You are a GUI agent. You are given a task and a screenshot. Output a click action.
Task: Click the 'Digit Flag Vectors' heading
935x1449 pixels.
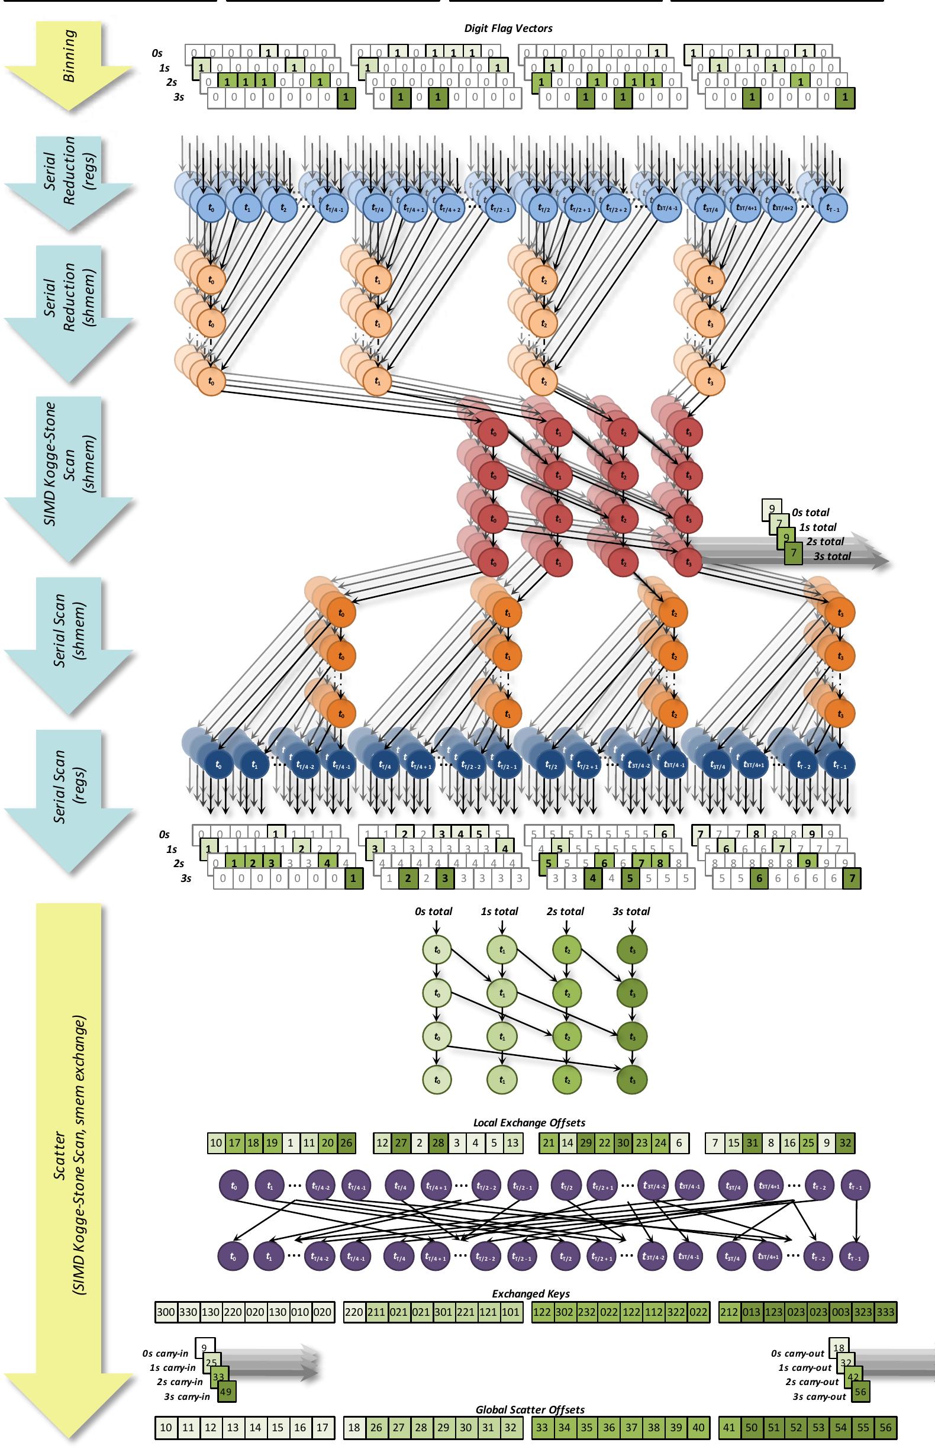coord(508,28)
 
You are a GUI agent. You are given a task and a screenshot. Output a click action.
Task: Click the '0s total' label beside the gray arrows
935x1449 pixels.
coord(810,513)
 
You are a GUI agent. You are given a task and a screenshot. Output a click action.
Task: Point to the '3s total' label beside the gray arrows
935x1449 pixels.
coord(832,556)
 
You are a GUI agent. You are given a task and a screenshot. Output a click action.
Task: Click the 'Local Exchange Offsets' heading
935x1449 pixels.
coord(529,1123)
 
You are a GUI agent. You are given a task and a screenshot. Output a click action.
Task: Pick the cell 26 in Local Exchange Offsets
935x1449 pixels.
coord(346,1143)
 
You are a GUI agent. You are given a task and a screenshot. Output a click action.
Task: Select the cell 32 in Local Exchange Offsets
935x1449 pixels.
coord(845,1143)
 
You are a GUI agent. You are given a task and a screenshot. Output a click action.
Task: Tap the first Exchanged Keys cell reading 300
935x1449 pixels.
coord(165,1312)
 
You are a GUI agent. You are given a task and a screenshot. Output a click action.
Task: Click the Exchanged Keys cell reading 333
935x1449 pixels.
coord(885,1312)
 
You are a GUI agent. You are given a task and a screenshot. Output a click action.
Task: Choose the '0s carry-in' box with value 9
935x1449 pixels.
coord(205,1348)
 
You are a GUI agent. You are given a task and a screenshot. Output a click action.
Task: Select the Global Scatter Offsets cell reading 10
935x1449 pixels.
coord(166,1428)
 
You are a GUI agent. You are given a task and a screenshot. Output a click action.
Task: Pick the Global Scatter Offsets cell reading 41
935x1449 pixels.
coord(728,1428)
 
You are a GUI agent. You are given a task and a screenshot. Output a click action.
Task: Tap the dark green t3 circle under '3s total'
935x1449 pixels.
coord(632,949)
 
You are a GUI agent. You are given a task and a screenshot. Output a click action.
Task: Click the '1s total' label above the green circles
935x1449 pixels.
coord(499,911)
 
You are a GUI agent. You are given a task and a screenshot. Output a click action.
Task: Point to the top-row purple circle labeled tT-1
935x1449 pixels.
coord(856,1185)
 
